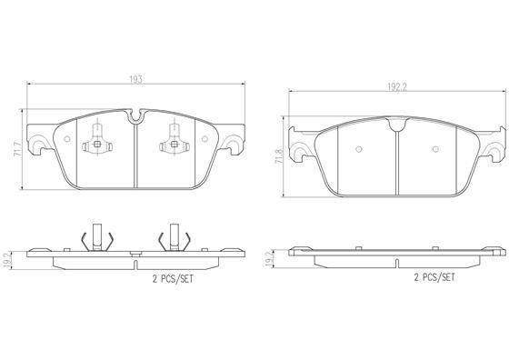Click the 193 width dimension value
[x=136, y=79]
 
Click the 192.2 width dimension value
[x=397, y=87]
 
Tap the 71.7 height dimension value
[x=18, y=149]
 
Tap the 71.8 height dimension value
[x=279, y=156]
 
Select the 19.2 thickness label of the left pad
[x=7, y=260]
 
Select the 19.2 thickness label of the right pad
[x=269, y=259]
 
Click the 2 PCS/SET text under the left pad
[x=173, y=278]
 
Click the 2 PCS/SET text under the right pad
[x=434, y=277]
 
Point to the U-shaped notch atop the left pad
[x=136, y=116]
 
